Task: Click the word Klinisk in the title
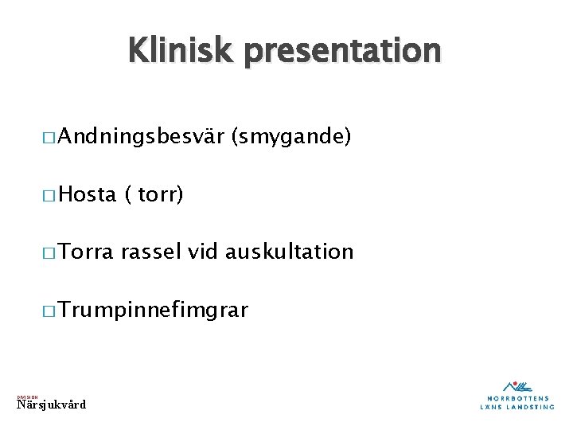tap(180, 51)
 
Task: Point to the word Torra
tap(87, 252)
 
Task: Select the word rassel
tap(153, 252)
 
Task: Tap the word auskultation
tap(289, 252)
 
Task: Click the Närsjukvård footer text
tap(51, 405)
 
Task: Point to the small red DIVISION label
tap(27, 396)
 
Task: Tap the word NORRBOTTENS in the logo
tap(518, 397)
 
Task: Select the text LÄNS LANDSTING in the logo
tap(518, 407)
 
